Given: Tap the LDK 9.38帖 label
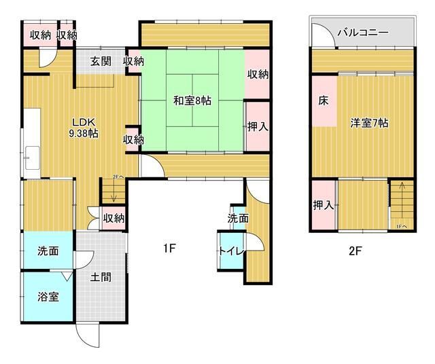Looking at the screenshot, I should click(84, 128).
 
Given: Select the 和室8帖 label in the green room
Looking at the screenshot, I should click(192, 101).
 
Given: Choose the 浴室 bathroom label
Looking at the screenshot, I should click(48, 297).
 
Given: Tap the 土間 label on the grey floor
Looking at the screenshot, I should click(101, 276).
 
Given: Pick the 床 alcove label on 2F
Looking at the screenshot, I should click(324, 101).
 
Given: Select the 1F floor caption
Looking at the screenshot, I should click(169, 249).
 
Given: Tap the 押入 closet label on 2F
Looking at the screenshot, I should click(323, 205).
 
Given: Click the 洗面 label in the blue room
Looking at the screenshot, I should click(48, 251).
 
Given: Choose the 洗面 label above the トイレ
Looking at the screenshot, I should click(238, 218).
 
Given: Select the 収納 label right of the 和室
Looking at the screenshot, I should click(256, 75).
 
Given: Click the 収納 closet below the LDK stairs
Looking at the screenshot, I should click(114, 219).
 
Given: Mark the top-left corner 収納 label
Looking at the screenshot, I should click(39, 35).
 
